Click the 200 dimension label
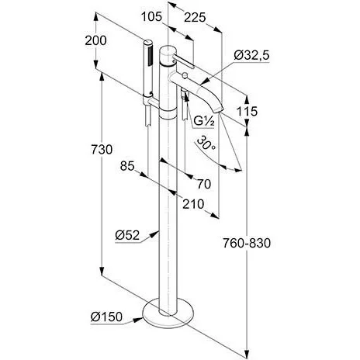[95, 40]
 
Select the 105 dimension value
[151, 17]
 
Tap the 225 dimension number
[195, 17]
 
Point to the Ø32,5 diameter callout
[251, 55]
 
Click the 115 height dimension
[247, 112]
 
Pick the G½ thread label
[204, 121]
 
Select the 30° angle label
[206, 144]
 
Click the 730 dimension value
[102, 150]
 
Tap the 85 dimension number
[127, 166]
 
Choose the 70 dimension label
[204, 184]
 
